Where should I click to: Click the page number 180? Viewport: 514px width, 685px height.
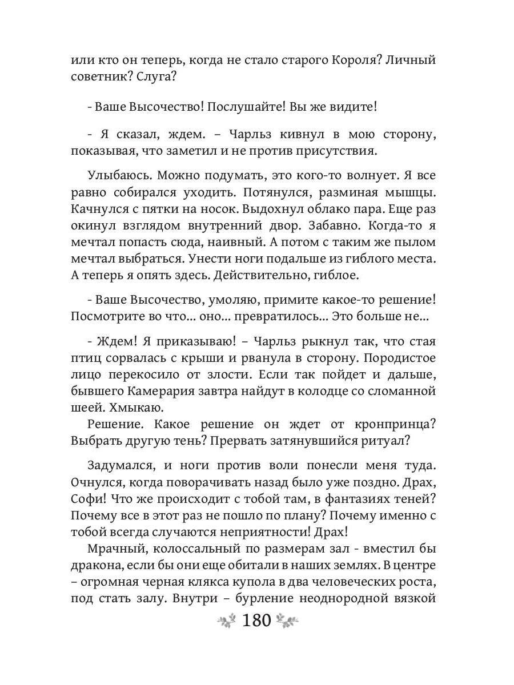coord(256,620)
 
